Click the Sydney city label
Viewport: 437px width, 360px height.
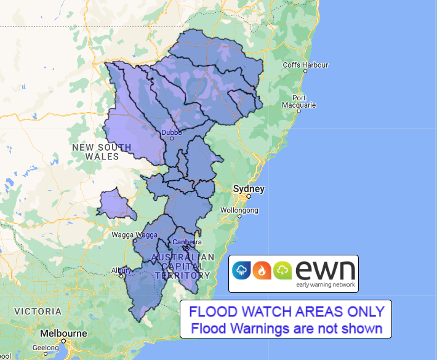tap(249, 188)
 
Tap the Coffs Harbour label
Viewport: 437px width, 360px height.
tap(305, 65)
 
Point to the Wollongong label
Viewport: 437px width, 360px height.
tap(239, 210)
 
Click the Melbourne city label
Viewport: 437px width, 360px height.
tap(63, 333)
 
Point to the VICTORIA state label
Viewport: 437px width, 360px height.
tap(38, 311)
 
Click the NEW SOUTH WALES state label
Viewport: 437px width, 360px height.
tap(102, 151)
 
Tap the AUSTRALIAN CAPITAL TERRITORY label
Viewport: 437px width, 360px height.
tap(183, 266)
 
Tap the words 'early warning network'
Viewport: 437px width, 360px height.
tap(324, 284)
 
